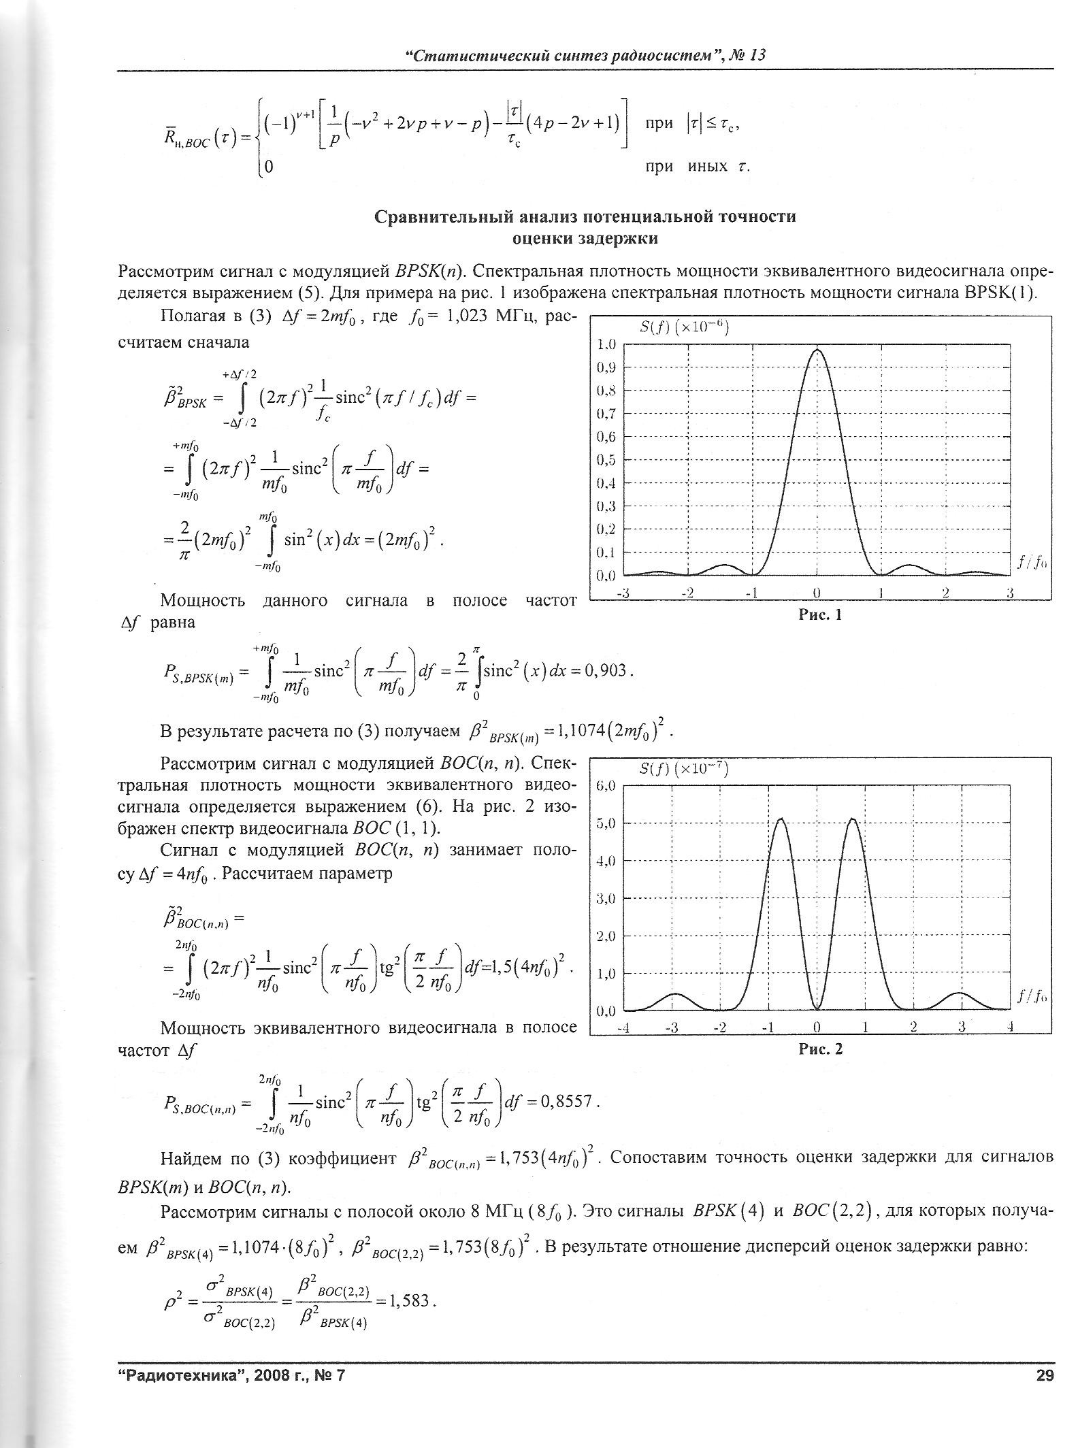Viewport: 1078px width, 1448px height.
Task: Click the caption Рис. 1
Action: point(820,615)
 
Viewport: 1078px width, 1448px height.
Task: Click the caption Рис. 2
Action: point(821,1049)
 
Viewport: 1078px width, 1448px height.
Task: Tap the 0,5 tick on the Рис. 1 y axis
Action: point(606,460)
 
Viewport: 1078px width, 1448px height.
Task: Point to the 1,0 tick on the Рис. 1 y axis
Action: point(606,344)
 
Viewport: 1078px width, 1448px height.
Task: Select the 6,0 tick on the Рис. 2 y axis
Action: point(606,786)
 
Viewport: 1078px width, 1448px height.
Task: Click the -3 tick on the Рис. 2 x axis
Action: point(672,1027)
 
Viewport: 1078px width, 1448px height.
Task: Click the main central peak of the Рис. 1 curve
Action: point(817,350)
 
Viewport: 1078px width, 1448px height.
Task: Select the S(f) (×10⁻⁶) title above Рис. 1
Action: point(685,329)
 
